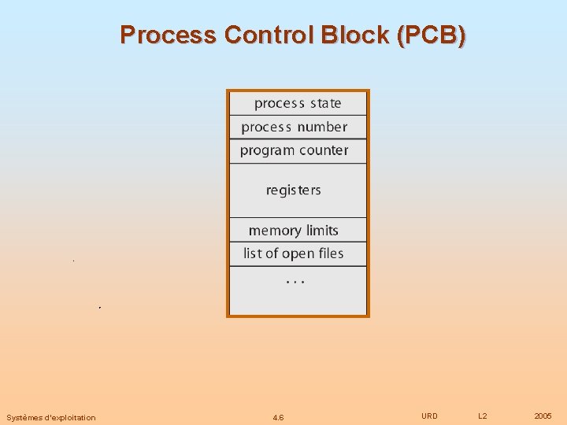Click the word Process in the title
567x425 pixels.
169,35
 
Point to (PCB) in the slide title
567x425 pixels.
432,35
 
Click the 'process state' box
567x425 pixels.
298,103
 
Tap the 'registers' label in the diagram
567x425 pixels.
294,190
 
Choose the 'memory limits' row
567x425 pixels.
293,231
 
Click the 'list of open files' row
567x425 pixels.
294,253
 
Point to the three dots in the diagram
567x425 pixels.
295,281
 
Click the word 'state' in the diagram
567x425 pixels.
325,103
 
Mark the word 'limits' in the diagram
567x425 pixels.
322,231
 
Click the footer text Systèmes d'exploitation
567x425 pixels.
51,417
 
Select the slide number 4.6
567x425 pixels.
278,417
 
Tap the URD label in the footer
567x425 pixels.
429,416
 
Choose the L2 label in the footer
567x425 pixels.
483,416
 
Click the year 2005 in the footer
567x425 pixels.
543,416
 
